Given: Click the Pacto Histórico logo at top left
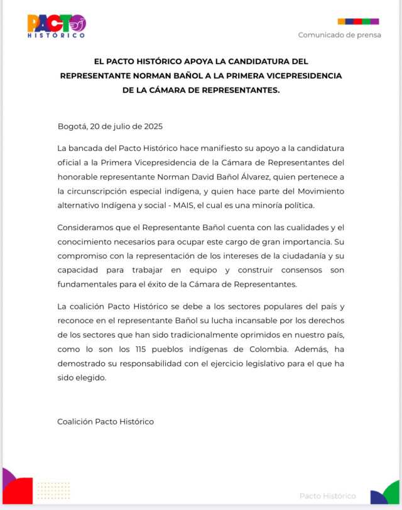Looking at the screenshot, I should coord(56,26).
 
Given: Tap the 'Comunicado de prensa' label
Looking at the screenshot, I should coord(339,35).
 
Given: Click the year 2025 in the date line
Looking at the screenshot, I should coord(153,126).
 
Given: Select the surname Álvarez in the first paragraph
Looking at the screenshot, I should coord(253,177).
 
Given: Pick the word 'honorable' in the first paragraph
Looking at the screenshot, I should coord(78,177).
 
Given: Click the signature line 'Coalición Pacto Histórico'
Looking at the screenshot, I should coord(106,421).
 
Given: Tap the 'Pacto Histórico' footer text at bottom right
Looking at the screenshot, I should coord(327,496).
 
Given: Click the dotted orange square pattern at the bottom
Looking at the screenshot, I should coord(54,491).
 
